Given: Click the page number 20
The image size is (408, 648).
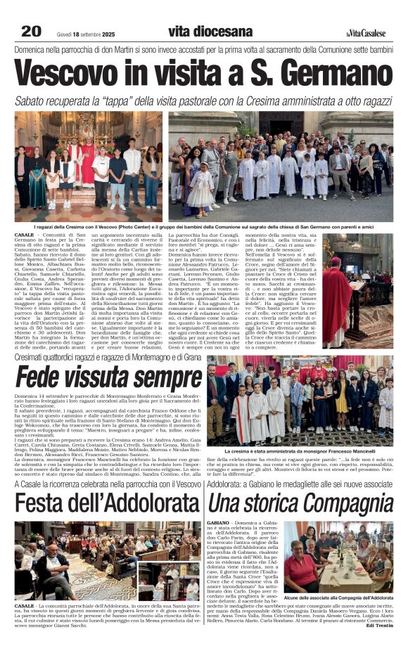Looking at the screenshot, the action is (x=31, y=31).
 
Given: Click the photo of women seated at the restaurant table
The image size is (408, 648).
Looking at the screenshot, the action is (x=338, y=557).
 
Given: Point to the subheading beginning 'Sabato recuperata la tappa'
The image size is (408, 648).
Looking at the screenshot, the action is (x=204, y=101).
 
